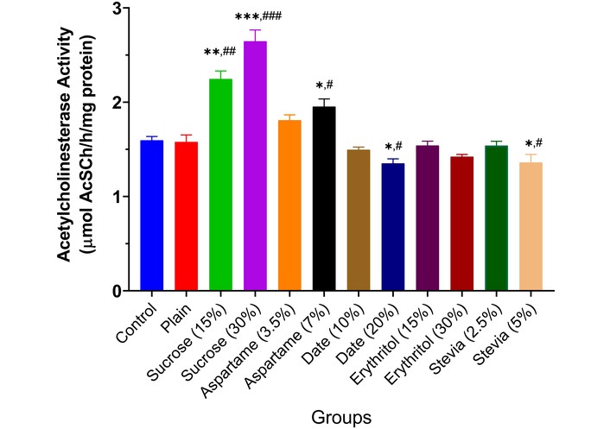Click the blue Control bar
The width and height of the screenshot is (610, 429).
pos(152,215)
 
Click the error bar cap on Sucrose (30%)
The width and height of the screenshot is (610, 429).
pos(255,30)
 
